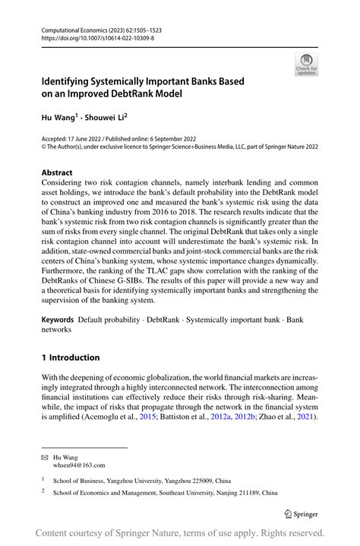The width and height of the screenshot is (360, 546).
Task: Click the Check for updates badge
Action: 307,64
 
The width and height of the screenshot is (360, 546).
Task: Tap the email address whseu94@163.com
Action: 79,465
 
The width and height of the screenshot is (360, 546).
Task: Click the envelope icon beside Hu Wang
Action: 45,457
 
